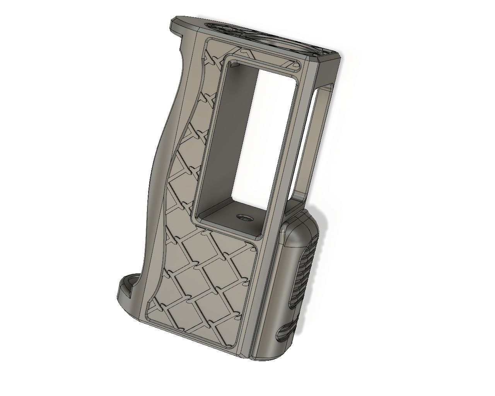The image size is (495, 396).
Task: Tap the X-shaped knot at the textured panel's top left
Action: click(210, 58)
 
